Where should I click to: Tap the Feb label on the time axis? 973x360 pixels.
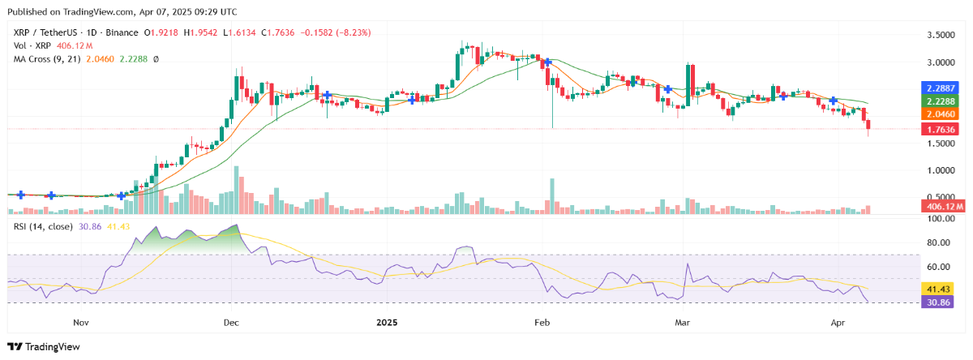[542, 322]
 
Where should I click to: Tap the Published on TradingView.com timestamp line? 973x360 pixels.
[122, 12]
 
